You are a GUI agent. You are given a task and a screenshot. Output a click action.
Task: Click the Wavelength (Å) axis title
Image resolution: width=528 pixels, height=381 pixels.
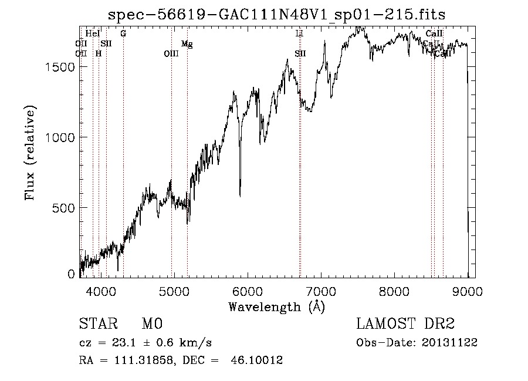click(276, 306)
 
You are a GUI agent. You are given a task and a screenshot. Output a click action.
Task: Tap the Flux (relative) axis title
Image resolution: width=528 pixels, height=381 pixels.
click(31, 153)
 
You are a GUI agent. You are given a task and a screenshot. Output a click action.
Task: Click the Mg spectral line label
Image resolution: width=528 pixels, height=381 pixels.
click(187, 44)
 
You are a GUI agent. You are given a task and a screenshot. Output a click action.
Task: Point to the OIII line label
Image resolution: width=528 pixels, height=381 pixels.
click(171, 54)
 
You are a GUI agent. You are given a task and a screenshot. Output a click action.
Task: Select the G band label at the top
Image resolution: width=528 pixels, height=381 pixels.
click(123, 34)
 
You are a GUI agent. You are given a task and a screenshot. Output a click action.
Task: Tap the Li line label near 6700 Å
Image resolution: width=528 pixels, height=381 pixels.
click(299, 34)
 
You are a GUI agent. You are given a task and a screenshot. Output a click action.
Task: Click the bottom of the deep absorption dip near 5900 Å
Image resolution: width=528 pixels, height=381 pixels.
click(240, 195)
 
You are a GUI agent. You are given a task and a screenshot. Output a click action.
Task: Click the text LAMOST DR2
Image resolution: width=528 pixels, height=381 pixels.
click(405, 324)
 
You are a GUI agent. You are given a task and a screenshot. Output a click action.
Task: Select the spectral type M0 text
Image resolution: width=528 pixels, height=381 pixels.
click(151, 324)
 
